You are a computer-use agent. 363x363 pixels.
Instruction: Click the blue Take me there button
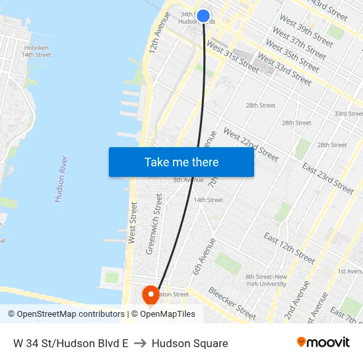[x=181, y=162]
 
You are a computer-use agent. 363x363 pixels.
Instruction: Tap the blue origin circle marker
[x=203, y=16]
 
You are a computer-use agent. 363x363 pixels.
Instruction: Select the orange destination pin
[x=150, y=294]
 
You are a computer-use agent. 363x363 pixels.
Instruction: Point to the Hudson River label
[x=61, y=178]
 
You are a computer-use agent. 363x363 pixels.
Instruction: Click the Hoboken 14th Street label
[x=37, y=51]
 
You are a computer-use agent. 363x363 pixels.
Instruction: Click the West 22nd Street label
[x=251, y=144]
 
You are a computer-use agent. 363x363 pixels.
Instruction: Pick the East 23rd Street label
[x=327, y=178]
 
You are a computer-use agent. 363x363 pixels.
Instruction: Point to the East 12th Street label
[x=289, y=247]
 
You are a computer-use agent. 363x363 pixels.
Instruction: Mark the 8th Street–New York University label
[x=265, y=280]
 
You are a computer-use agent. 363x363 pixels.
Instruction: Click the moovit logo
[x=323, y=343]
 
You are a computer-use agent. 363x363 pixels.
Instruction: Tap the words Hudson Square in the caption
[x=190, y=343]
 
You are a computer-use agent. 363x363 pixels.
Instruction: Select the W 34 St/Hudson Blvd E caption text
[x=71, y=343]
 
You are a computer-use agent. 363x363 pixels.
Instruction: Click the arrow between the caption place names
[x=140, y=343]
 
